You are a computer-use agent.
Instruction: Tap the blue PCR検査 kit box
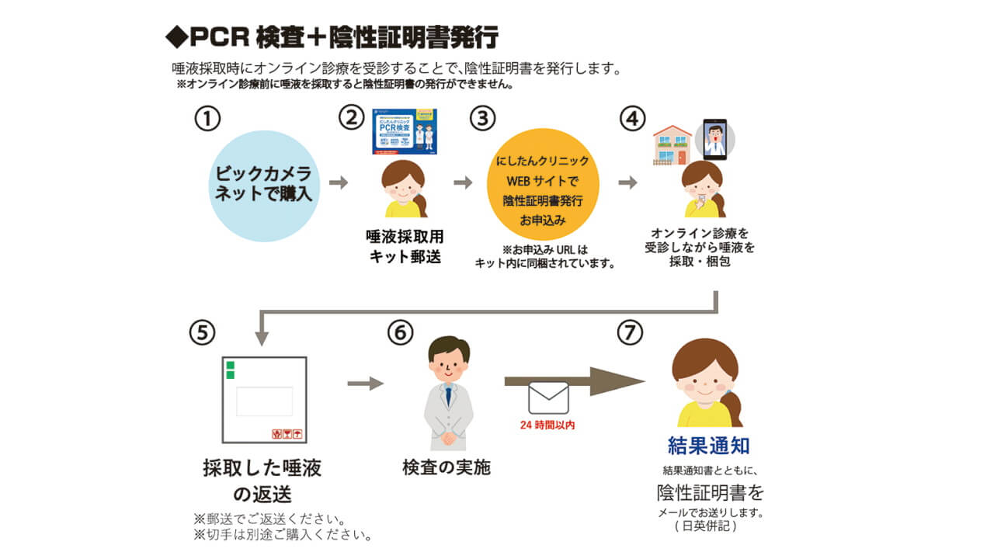(x=404, y=130)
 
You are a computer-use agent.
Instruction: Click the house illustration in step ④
(x=672, y=146)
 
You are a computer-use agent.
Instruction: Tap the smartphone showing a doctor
(x=714, y=140)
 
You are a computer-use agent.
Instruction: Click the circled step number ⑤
(x=201, y=332)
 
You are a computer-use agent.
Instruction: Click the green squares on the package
(x=230, y=370)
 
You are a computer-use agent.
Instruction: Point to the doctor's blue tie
(x=448, y=394)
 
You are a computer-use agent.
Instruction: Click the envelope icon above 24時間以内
(x=548, y=398)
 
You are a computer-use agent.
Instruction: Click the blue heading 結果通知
(x=708, y=446)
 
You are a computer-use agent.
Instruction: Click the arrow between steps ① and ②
(x=338, y=183)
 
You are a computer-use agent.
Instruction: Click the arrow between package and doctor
(x=365, y=384)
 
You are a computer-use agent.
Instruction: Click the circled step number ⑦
(x=630, y=332)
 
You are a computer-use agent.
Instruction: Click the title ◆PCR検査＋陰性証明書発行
(x=332, y=36)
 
